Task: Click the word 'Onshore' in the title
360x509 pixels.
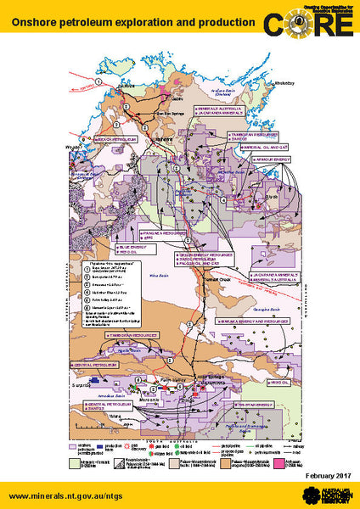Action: [x=33, y=19]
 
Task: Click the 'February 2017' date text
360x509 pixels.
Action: [x=322, y=477]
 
